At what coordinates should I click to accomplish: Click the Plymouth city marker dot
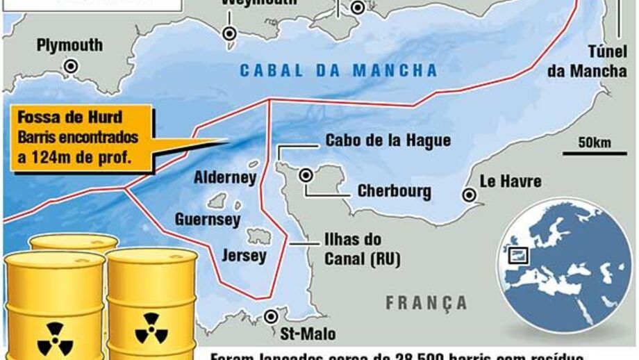pyautogui.click(x=69, y=65)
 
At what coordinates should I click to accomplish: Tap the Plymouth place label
pyautogui.click(x=69, y=45)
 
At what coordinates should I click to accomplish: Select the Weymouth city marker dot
pyautogui.click(x=229, y=33)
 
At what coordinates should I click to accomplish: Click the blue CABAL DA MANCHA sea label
pyautogui.click(x=338, y=70)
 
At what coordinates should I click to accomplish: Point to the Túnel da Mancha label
pyautogui.click(x=588, y=62)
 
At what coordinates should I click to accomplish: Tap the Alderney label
pyautogui.click(x=225, y=177)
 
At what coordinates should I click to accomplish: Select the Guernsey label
pyautogui.click(x=208, y=220)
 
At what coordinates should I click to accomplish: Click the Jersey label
pyautogui.click(x=243, y=256)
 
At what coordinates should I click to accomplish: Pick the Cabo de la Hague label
pyautogui.click(x=388, y=140)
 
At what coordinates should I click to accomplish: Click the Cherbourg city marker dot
pyautogui.click(x=305, y=175)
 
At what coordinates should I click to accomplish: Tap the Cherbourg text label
pyautogui.click(x=394, y=191)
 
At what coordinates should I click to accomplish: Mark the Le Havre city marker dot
pyautogui.click(x=470, y=195)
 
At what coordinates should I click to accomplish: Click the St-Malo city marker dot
pyautogui.click(x=271, y=317)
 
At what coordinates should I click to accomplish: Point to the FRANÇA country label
pyautogui.click(x=426, y=303)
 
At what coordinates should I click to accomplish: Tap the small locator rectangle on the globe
pyautogui.click(x=518, y=255)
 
